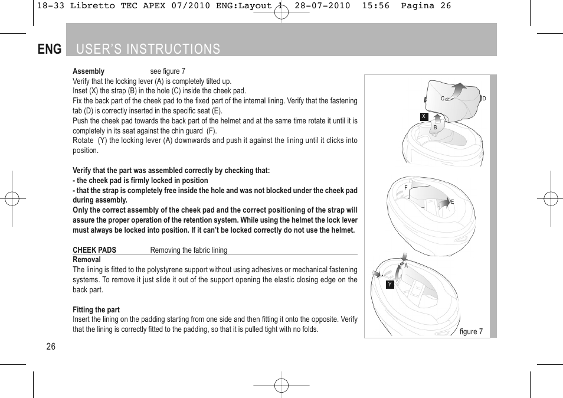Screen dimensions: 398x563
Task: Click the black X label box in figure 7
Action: click(x=424, y=116)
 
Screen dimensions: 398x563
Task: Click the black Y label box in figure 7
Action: click(x=389, y=285)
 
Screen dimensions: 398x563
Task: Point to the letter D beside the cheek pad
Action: click(x=484, y=99)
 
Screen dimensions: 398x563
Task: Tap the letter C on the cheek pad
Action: click(x=443, y=99)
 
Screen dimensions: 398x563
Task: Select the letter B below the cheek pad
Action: click(x=436, y=127)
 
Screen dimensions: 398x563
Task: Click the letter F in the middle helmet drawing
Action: click(x=406, y=188)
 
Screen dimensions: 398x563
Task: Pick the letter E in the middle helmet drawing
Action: click(x=453, y=202)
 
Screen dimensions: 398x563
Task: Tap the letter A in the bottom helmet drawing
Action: click(x=406, y=266)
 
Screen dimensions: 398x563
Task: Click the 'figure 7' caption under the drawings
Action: click(x=471, y=331)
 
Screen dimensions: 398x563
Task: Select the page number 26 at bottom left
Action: click(x=51, y=347)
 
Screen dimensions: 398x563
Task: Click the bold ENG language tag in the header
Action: click(x=50, y=49)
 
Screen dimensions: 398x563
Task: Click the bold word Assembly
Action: click(x=89, y=71)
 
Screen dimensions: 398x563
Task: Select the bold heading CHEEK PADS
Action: click(x=94, y=250)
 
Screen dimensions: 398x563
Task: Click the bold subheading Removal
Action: click(x=87, y=260)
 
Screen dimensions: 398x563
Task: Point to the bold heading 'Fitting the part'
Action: click(x=96, y=310)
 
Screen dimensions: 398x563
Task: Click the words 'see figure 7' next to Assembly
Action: click(x=168, y=71)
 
